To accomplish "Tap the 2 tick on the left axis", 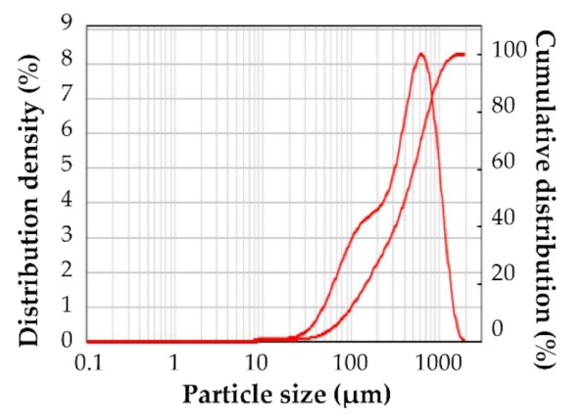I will click(68, 271).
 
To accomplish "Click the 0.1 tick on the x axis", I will click(88, 360).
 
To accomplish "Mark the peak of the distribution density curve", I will click(421, 54).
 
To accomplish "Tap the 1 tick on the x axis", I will click(173, 360).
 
